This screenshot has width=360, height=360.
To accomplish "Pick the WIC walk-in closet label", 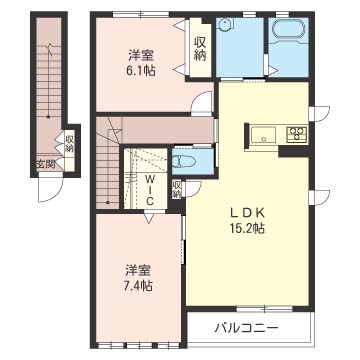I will click(x=147, y=187).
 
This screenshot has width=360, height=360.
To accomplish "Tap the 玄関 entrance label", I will click(x=45, y=165).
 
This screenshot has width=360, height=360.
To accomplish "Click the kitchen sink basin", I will click(x=264, y=134).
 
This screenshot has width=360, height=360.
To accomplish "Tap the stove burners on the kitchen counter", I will click(x=297, y=134).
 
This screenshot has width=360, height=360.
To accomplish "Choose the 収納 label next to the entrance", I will click(x=69, y=144).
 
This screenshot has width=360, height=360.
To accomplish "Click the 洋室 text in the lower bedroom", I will click(x=139, y=270).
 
